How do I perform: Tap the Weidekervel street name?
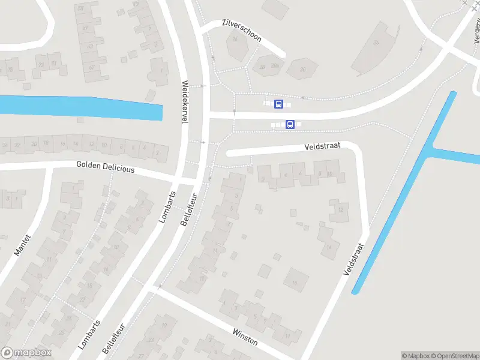(x=185, y=102)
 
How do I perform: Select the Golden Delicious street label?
(x=106, y=167)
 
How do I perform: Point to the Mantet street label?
(x=22, y=245)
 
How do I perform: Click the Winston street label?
(x=245, y=337)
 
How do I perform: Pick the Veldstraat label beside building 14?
(x=354, y=259)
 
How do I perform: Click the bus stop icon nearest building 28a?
(x=278, y=104)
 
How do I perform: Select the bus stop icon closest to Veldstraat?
(x=290, y=125)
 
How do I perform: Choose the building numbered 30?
(x=302, y=70)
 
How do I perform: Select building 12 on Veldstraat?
(x=340, y=209)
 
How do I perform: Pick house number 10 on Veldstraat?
(x=329, y=173)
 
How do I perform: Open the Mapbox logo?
(x=25, y=353)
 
